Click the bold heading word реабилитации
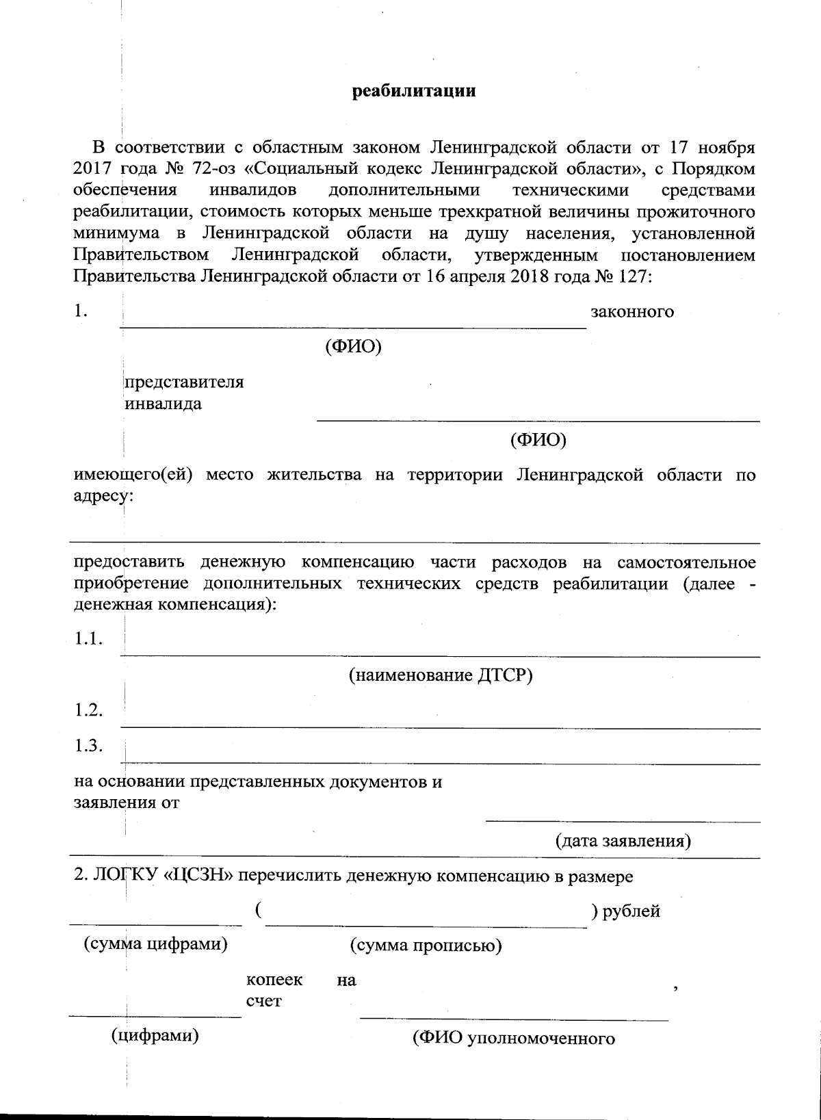pyautogui.click(x=414, y=91)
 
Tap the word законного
pyautogui.click(x=632, y=312)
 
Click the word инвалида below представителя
pyautogui.click(x=163, y=404)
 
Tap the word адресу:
pyautogui.click(x=103, y=496)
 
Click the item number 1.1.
pyautogui.click(x=89, y=639)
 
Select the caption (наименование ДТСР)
pyautogui.click(x=441, y=675)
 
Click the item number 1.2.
pyautogui.click(x=89, y=710)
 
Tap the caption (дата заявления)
pyautogui.click(x=623, y=840)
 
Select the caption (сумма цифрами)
pyautogui.click(x=155, y=945)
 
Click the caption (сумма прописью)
pyautogui.click(x=426, y=946)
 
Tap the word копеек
pyautogui.click(x=274, y=980)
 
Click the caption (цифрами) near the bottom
pyautogui.click(x=155, y=1035)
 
